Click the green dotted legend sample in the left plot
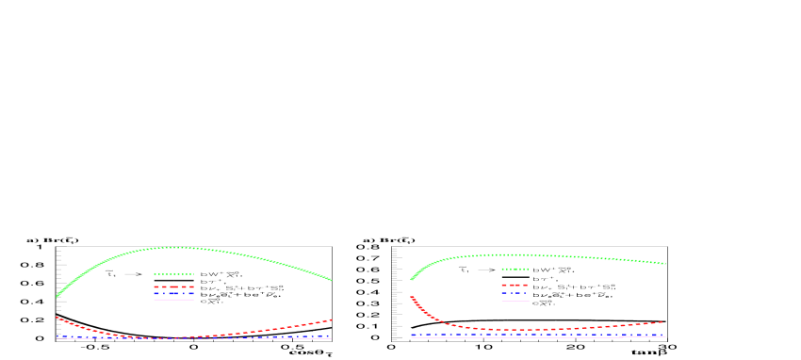173,273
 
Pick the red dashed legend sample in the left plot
173,286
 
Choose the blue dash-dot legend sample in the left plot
173,293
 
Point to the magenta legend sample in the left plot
173,300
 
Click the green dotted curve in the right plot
565,256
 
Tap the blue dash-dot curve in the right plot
565,335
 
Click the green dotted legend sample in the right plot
515,269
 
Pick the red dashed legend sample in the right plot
515,285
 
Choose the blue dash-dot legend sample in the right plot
515,293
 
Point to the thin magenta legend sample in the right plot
515,301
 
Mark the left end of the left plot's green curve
57,297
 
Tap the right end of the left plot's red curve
331,319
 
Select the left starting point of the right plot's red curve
411,296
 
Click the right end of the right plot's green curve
666,263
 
